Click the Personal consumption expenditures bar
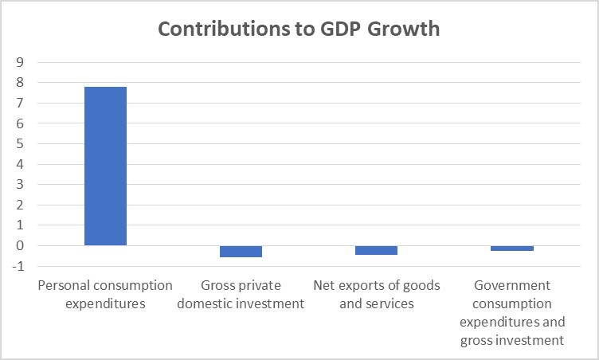(x=105, y=166)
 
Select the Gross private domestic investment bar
(x=241, y=252)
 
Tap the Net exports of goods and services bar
(x=376, y=250)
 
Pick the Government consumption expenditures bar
(x=512, y=248)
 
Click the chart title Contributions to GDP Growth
(x=299, y=28)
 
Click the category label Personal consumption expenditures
(x=105, y=294)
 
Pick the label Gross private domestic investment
(x=241, y=294)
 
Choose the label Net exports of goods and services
(x=376, y=294)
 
